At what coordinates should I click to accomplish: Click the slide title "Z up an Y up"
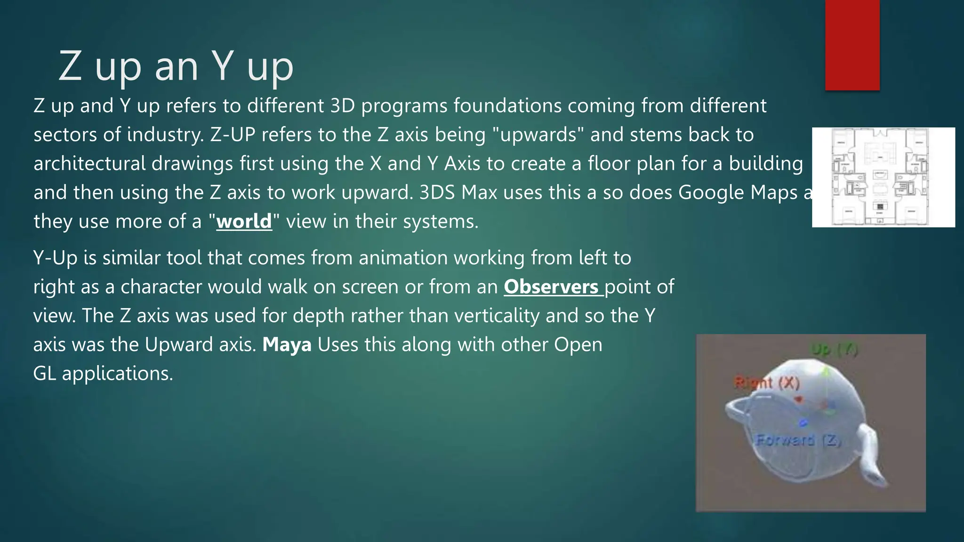[176, 66]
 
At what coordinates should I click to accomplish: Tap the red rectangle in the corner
[852, 45]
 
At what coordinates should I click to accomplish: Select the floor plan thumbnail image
[883, 177]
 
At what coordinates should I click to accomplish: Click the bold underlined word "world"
[244, 221]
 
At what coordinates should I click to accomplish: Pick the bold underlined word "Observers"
[551, 287]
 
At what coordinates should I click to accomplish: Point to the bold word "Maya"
[287, 344]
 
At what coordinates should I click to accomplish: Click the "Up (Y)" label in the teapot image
[834, 350]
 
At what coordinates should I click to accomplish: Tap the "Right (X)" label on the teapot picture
[767, 383]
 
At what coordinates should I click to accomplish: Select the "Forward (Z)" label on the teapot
[798, 440]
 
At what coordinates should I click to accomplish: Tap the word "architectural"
[89, 164]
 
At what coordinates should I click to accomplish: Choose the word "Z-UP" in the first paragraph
[233, 135]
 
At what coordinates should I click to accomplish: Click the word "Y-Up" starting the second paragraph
[55, 258]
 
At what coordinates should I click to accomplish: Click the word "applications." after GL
[117, 374]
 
